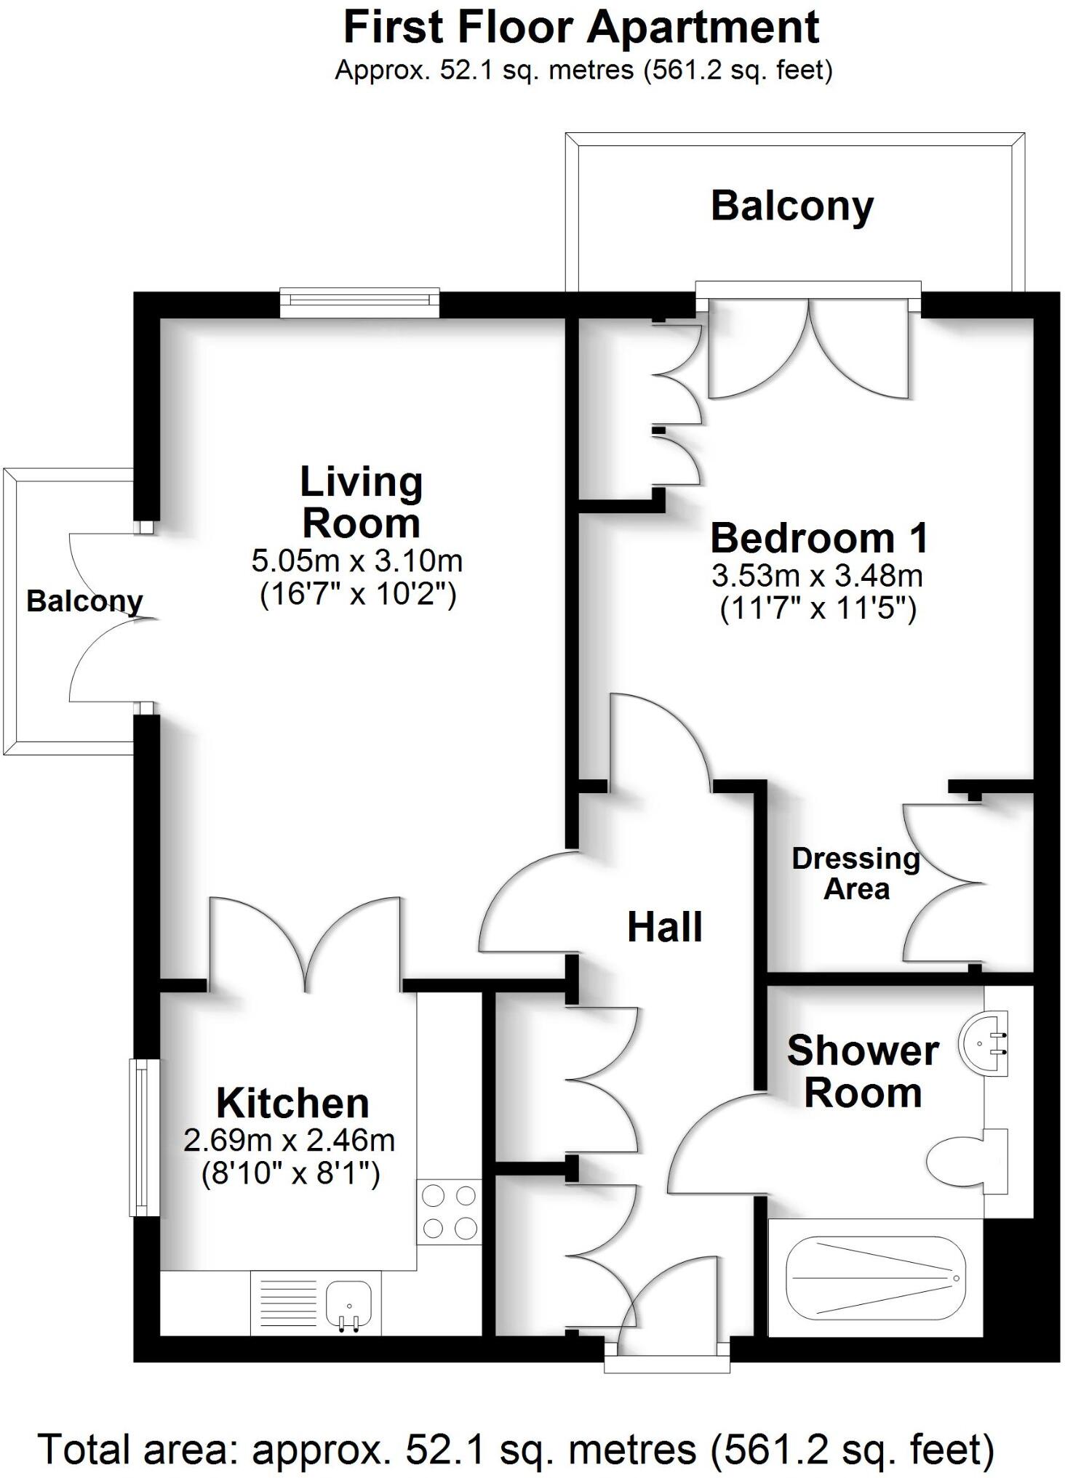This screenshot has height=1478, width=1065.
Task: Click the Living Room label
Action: pyautogui.click(x=361, y=502)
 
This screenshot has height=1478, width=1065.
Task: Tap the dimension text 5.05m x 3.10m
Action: pyautogui.click(x=356, y=561)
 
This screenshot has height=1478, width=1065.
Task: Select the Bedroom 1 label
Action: pyautogui.click(x=819, y=538)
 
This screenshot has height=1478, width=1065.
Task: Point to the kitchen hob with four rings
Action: pyautogui.click(x=449, y=1212)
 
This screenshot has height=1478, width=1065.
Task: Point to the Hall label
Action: pyautogui.click(x=664, y=928)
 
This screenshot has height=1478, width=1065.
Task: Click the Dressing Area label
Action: pyautogui.click(x=855, y=874)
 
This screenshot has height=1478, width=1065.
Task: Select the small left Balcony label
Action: pyautogui.click(x=84, y=601)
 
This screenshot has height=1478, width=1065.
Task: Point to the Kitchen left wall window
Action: pyautogui.click(x=144, y=1138)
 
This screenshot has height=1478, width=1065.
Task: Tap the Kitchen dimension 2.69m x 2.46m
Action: pyautogui.click(x=289, y=1140)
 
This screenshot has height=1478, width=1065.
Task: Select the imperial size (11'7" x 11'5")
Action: pyautogui.click(x=818, y=608)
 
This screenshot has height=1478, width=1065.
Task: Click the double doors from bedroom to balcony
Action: pyautogui.click(x=809, y=348)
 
